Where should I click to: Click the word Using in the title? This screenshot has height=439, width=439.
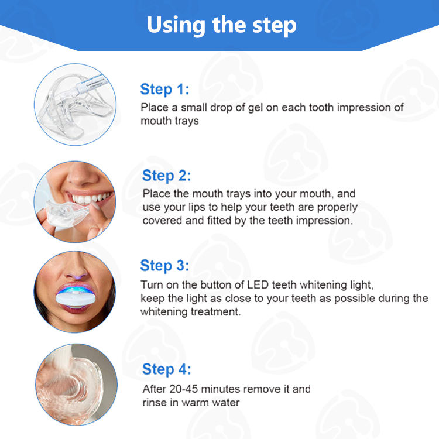[176, 26]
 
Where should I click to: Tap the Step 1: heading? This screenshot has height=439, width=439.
[164, 90]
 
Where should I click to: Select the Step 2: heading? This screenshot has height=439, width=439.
[167, 176]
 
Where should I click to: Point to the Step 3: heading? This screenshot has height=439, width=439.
[164, 266]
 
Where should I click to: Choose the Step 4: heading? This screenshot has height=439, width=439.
[167, 369]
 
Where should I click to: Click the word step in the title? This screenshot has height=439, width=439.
[275, 26]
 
